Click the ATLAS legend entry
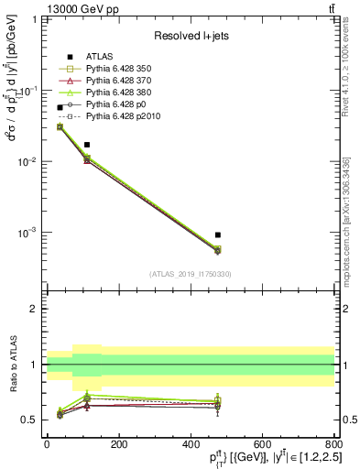click(99, 56)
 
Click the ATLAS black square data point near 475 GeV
click(217, 235)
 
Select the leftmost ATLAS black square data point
click(60, 107)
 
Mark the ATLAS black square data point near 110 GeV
click(87, 145)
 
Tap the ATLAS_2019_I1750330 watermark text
click(191, 274)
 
